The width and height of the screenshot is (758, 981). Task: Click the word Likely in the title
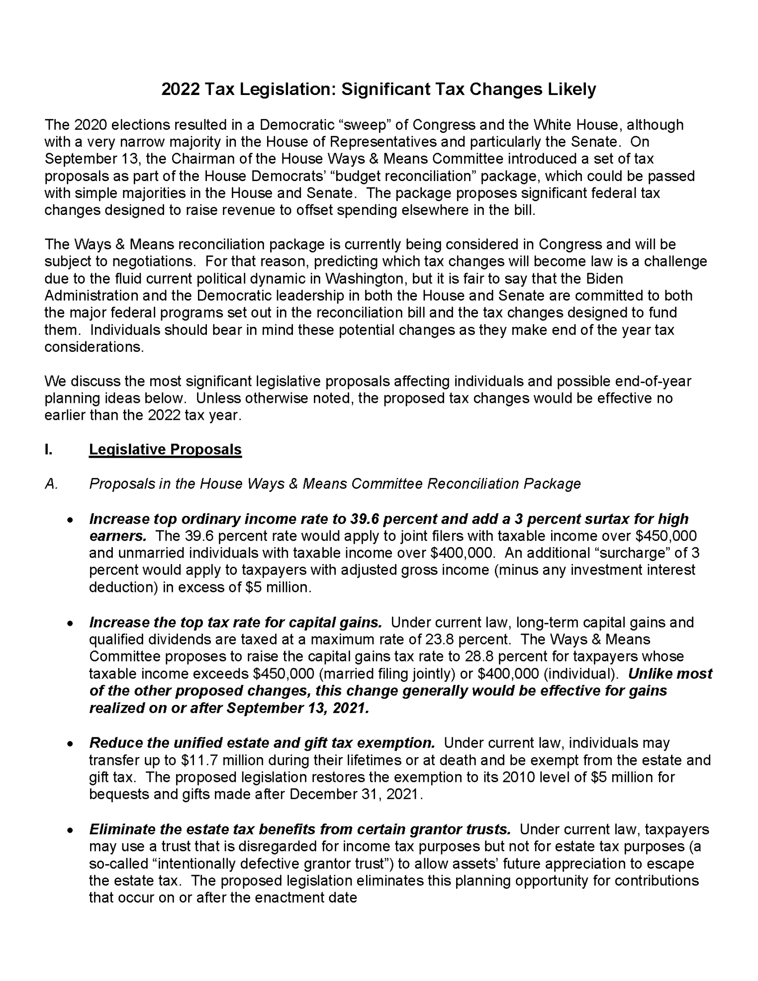tap(571, 90)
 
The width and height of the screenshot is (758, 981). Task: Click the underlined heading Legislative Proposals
tap(165, 450)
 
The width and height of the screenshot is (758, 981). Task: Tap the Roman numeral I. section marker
tap(48, 450)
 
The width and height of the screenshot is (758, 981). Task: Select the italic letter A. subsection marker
tap(51, 484)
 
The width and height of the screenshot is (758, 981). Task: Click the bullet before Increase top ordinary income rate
tap(71, 520)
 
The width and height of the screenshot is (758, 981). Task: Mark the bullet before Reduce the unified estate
tap(71, 744)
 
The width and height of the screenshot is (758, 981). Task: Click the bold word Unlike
tap(652, 674)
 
